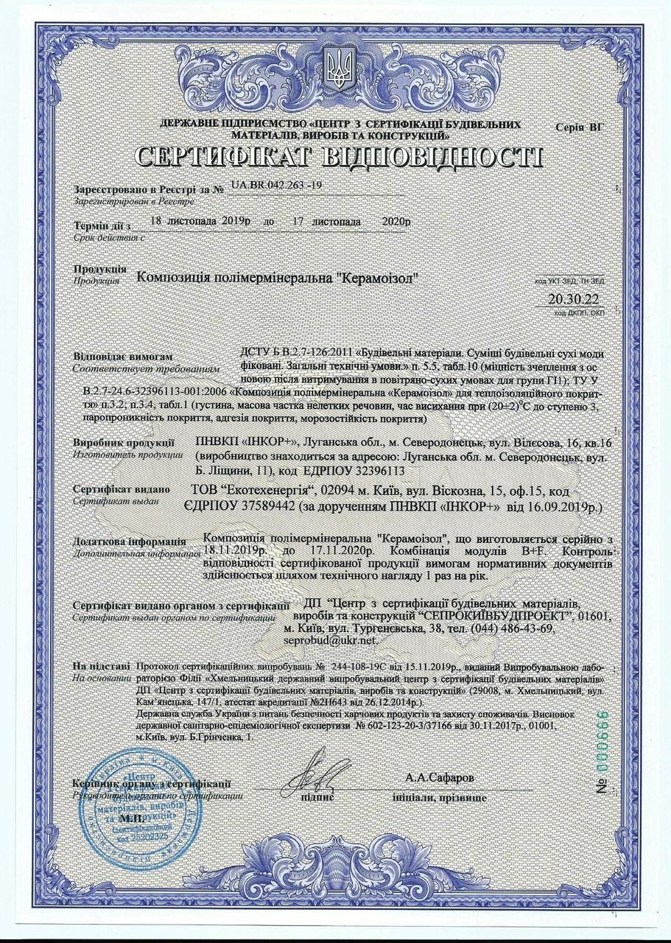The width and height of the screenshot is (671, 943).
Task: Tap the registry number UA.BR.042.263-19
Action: point(275,186)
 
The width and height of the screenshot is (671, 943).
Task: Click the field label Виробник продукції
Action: point(124,443)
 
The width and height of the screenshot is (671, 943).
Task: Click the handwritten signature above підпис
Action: point(316,771)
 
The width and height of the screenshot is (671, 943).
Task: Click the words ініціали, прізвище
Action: point(439,798)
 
